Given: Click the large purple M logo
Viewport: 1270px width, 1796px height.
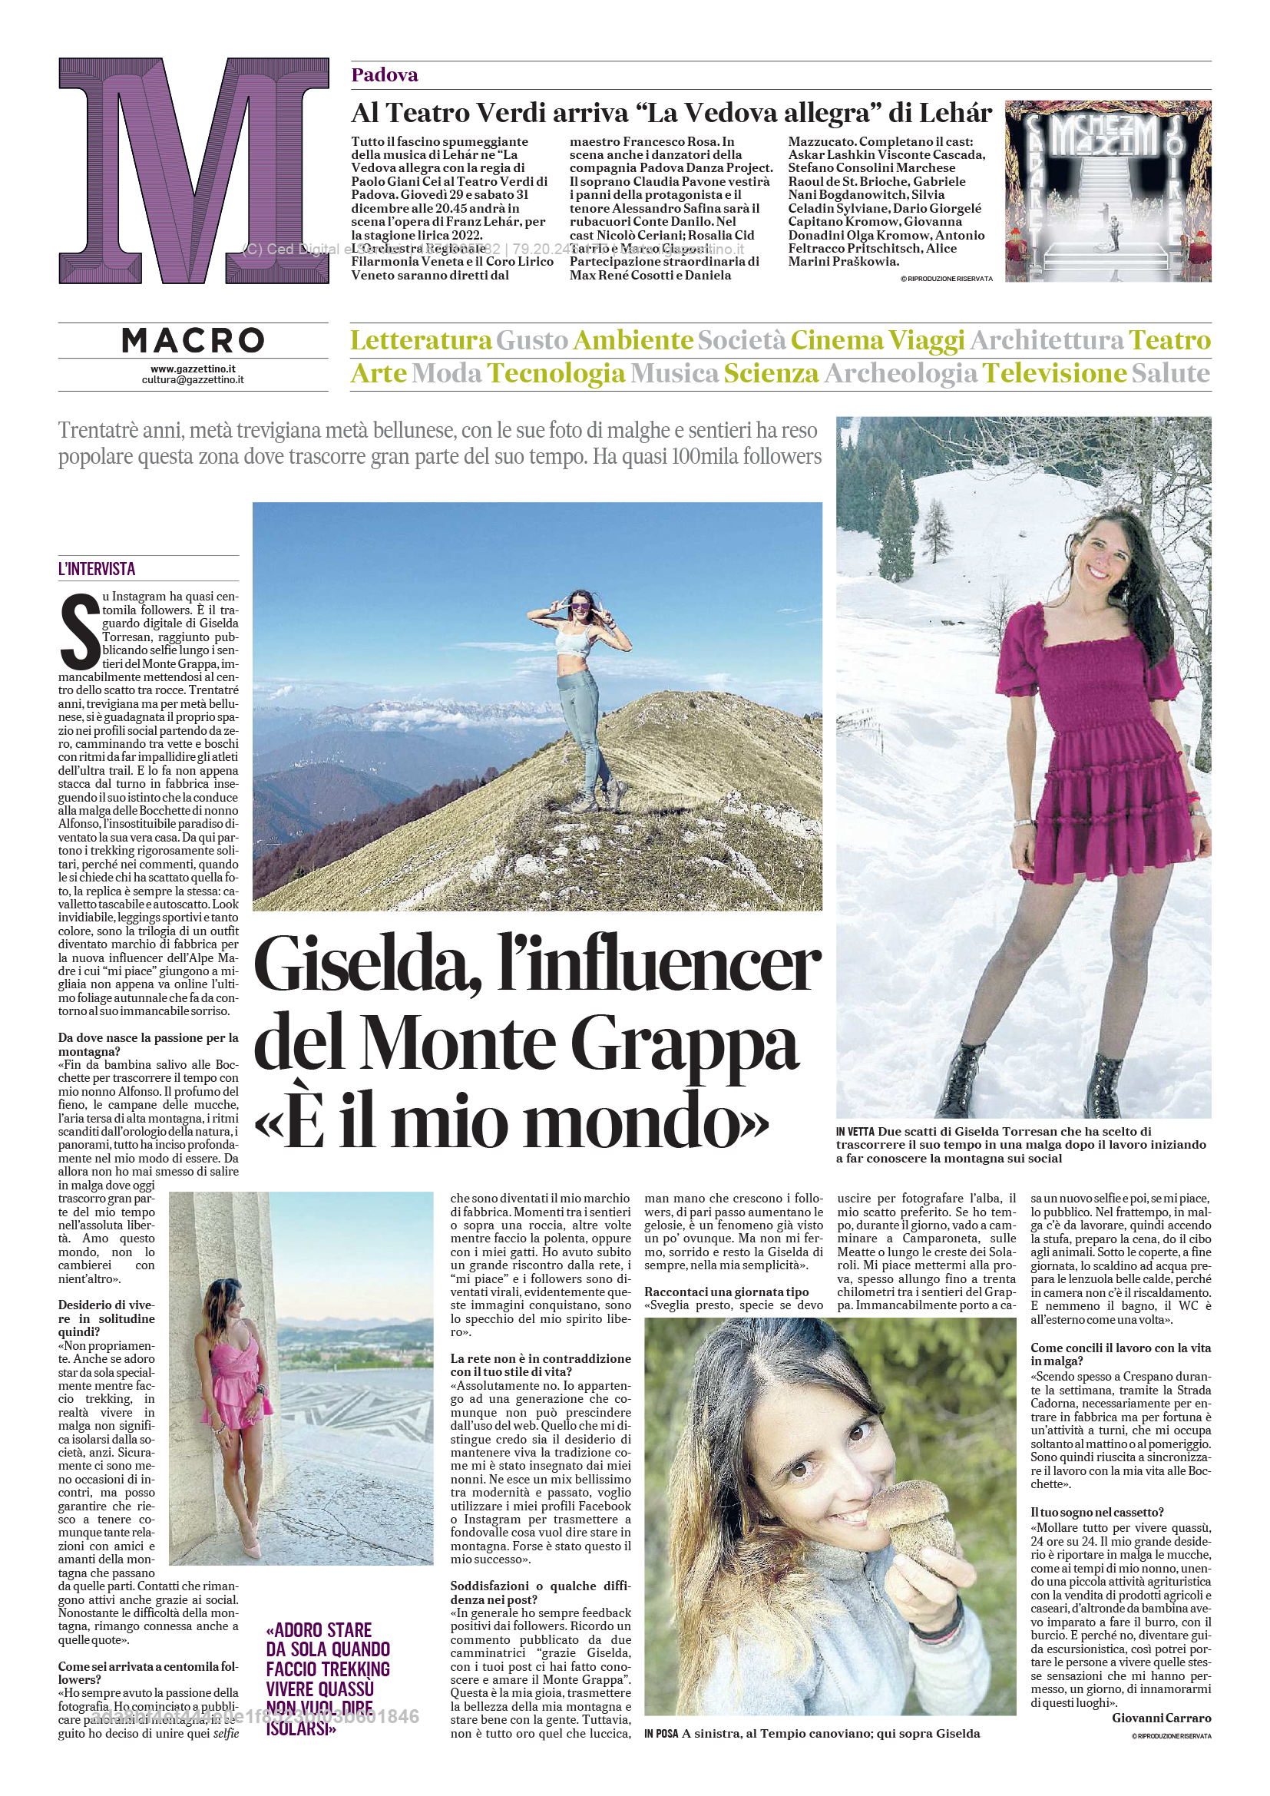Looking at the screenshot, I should pos(193,170).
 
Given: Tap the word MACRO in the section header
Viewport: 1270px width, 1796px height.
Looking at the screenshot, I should pos(193,340).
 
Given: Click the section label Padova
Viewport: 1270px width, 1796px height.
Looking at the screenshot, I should pos(385,75).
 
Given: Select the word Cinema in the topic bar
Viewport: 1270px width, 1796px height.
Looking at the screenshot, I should pos(837,341).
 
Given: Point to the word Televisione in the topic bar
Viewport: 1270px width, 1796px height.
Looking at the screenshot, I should pos(1054,373).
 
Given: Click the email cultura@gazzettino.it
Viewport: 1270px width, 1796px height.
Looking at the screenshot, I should pos(193,379).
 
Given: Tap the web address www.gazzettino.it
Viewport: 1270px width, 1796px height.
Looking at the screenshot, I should pos(193,369).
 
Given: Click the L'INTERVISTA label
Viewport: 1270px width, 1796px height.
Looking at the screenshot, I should pos(97,569).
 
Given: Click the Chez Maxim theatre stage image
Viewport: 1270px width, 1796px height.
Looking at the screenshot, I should pos(1107,191).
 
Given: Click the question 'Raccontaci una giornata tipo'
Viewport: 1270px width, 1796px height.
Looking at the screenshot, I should pos(726,1292).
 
